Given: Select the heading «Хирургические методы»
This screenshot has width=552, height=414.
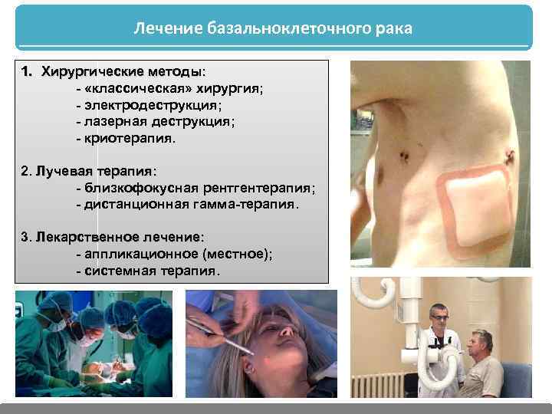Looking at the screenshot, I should click(x=120, y=71).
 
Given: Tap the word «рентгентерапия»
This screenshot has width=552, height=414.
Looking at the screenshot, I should click(x=258, y=188).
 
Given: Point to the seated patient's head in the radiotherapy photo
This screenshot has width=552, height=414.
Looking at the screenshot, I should click(x=481, y=342).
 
